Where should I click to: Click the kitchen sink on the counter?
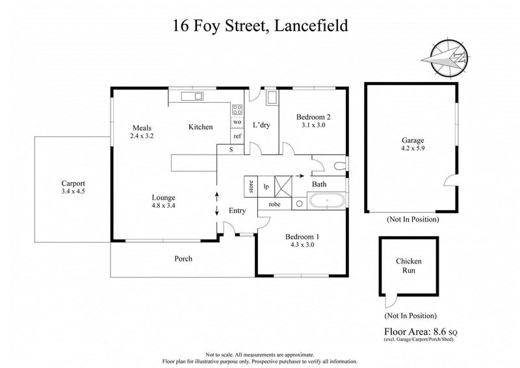(x=192, y=97)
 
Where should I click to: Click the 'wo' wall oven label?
(x=237, y=122)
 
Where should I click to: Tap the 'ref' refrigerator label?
(x=237, y=137)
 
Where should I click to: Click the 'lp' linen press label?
(x=266, y=186)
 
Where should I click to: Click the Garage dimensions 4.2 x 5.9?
(x=413, y=148)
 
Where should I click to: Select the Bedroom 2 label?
(x=313, y=117)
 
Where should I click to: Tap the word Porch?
(x=183, y=259)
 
